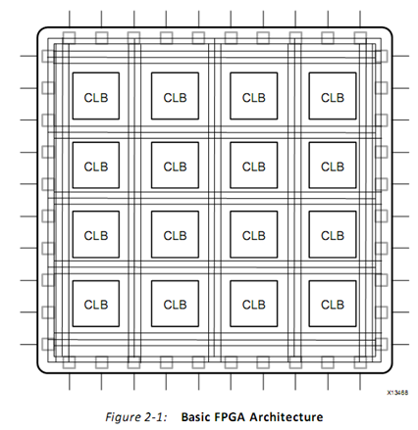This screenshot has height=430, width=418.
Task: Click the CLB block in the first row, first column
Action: pos(96,96)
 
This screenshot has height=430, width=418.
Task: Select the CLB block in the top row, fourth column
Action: pos(333,96)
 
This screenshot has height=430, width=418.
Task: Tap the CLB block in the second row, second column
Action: pos(175,166)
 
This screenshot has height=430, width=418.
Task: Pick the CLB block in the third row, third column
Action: pos(254,234)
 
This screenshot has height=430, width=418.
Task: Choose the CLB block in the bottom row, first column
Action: pos(96,304)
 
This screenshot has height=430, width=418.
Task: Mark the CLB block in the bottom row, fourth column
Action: pos(333,304)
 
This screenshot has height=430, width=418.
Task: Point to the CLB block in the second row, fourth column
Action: pos(333,166)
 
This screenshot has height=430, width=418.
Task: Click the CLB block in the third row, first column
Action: pos(96,234)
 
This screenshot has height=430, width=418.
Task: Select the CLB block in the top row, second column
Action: pos(175,96)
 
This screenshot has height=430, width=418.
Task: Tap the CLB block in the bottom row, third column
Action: pos(254,304)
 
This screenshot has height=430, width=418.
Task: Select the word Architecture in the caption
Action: pos(287,417)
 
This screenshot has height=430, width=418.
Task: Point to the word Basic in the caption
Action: pos(195,417)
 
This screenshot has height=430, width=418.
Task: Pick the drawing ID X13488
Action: pos(397,393)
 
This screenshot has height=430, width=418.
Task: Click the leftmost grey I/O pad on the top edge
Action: pos(69,38)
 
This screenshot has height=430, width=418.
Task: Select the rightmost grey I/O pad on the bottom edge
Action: pos(360,362)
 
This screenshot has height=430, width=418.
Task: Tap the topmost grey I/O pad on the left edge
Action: pos(48,56)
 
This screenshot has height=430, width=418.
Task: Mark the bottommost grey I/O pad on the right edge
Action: pos(382,344)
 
